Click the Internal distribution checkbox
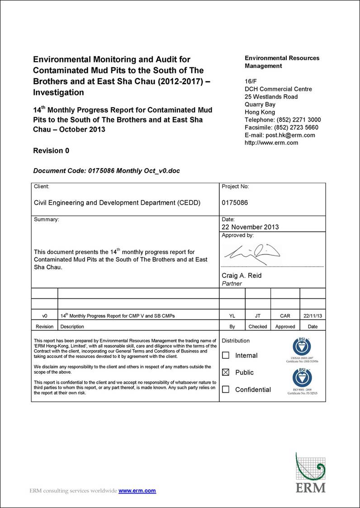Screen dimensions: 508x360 tap(226, 356)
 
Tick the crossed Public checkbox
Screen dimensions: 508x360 tap(226, 373)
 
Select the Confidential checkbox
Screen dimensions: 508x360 tap(226, 390)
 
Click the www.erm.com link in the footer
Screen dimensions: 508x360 tap(137, 491)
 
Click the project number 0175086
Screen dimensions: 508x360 tap(235, 203)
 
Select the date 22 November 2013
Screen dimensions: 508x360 tap(250, 227)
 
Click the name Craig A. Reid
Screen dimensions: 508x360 tap(242, 276)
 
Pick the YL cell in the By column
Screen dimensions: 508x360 tap(232, 316)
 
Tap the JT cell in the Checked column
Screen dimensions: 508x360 tap(258, 316)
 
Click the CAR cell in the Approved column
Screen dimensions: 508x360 tap(285, 316)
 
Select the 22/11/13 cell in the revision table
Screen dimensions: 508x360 tap(312, 316)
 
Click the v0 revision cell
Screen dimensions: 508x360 tap(44, 316)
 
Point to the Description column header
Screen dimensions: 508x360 tap(72, 326)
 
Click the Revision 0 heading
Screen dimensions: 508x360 tap(51, 151)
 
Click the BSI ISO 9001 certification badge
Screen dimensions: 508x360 tap(302, 380)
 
